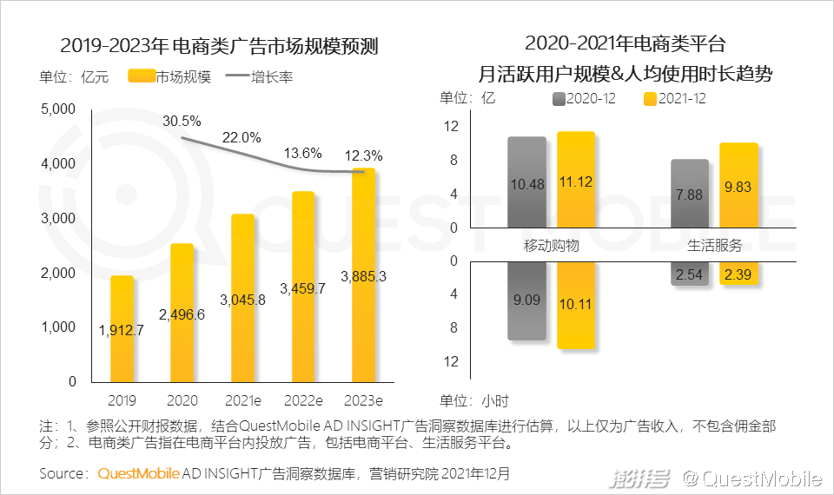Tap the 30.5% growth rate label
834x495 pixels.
pos(182,121)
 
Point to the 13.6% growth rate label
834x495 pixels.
pos(303,153)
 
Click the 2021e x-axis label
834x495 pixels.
pos(242,400)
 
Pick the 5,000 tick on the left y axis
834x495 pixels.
pos(59,109)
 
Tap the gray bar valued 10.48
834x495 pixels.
pos(527,182)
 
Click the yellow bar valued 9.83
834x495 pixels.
pos(738,186)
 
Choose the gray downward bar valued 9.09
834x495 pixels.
pos(527,300)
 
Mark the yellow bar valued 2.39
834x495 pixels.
pos(738,274)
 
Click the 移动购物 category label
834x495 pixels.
pos(551,245)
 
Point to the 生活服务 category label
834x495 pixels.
pos(715,245)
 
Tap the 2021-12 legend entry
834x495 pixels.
pos(674,99)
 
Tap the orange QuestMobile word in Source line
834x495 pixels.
pos(139,474)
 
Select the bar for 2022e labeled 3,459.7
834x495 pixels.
pos(303,287)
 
